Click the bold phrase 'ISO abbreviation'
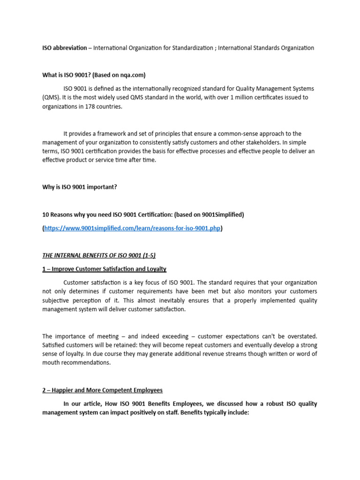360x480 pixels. click(x=64, y=48)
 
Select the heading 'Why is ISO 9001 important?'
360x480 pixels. click(x=79, y=187)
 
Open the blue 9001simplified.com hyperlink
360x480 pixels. click(x=132, y=229)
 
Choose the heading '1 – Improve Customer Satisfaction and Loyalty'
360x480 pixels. click(x=104, y=269)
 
